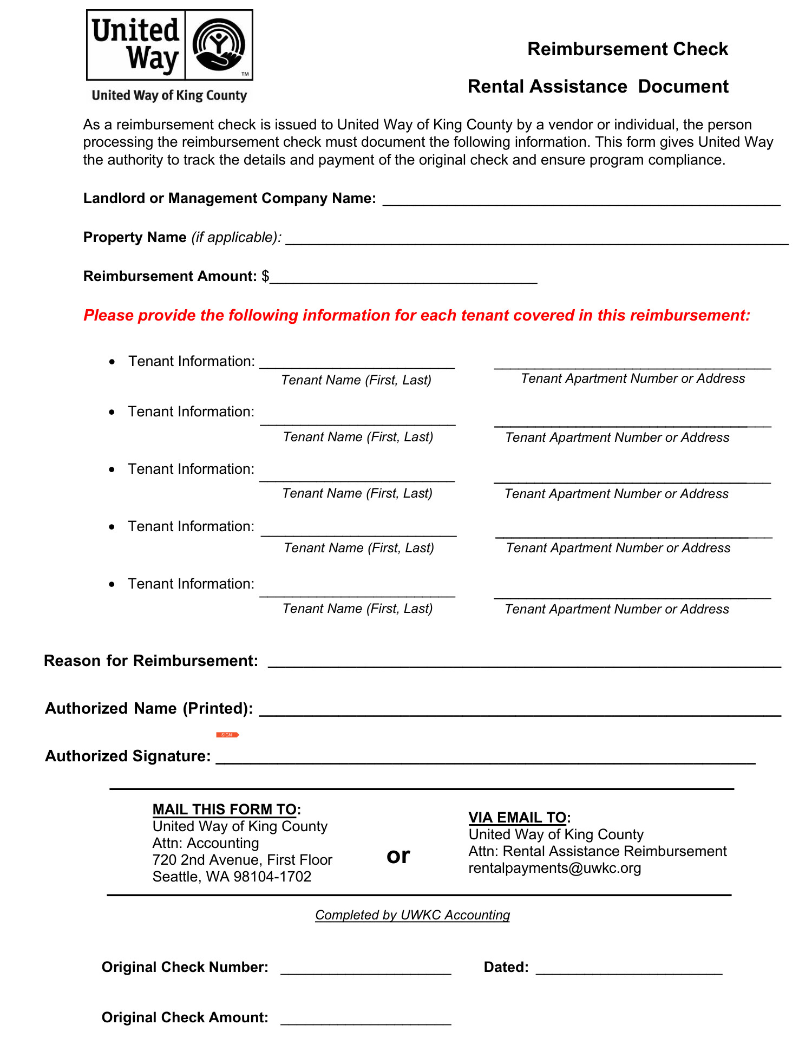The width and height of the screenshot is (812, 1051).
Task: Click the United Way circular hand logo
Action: (x=219, y=45)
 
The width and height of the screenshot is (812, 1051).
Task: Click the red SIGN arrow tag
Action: (x=227, y=735)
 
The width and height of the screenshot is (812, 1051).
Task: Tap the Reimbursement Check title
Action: (x=627, y=49)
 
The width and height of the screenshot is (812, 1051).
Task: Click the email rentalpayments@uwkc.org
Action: (x=554, y=869)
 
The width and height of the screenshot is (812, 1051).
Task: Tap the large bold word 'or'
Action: (x=398, y=856)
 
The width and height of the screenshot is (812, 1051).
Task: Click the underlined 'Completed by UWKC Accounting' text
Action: (x=412, y=915)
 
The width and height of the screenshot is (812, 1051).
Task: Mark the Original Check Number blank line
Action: (x=365, y=970)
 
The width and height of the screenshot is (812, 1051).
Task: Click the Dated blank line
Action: (x=629, y=970)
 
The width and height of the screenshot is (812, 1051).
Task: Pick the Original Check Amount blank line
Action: (x=365, y=1021)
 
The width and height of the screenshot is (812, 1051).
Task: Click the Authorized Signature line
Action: (x=485, y=759)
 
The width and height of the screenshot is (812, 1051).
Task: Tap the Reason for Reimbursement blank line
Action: (x=524, y=663)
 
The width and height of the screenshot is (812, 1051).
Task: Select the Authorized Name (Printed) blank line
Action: (x=520, y=711)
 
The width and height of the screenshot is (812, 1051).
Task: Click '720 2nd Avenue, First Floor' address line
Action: (x=242, y=860)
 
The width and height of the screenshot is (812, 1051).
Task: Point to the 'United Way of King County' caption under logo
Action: (x=169, y=96)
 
